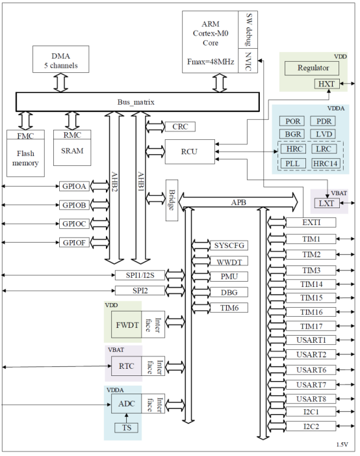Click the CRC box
click(x=180, y=126)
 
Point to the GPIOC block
click(x=74, y=223)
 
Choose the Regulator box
click(x=313, y=68)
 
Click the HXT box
click(x=325, y=84)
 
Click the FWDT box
click(x=127, y=324)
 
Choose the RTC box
click(x=127, y=366)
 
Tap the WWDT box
click(x=229, y=261)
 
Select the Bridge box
click(x=172, y=200)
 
